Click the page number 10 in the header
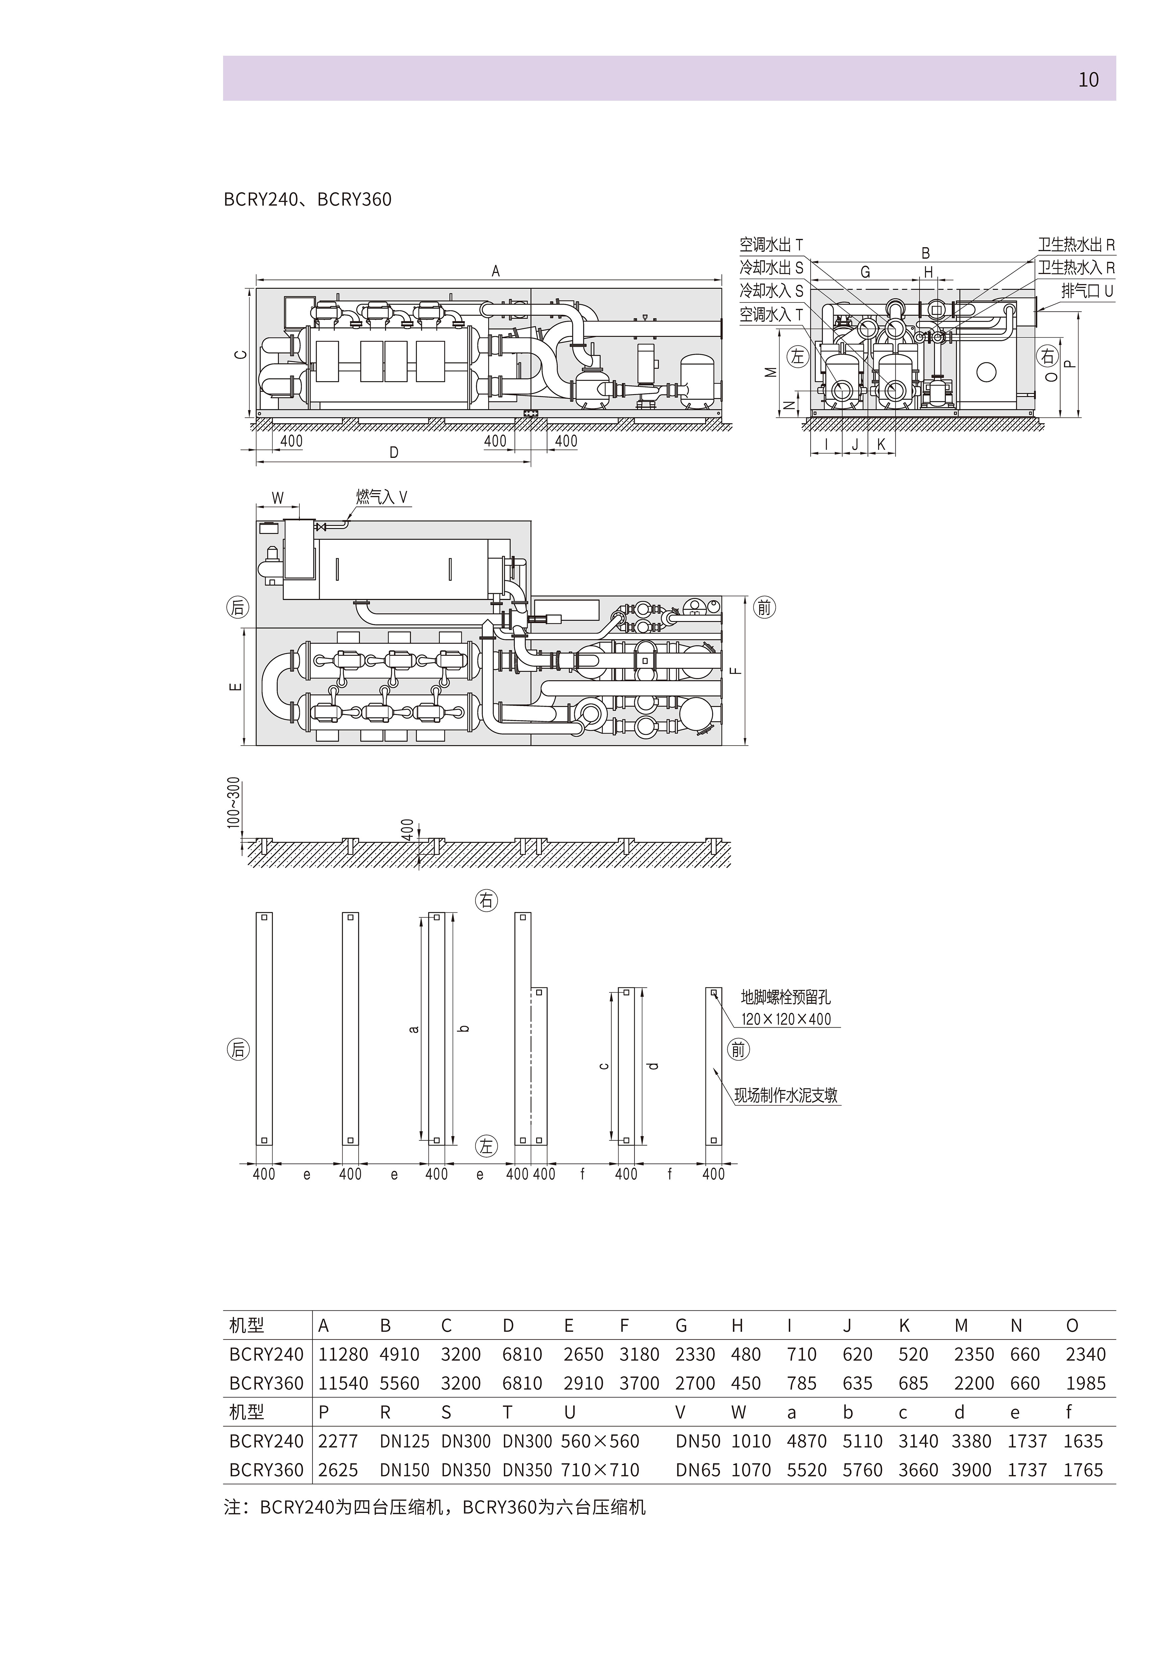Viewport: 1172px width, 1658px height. [x=1088, y=79]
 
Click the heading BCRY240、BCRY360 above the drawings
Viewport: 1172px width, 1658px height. [x=308, y=199]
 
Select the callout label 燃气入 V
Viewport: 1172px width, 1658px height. [x=382, y=497]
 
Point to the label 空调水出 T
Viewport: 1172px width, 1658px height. [x=771, y=245]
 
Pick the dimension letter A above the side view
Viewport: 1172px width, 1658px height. [x=495, y=272]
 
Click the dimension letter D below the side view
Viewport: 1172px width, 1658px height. [x=393, y=453]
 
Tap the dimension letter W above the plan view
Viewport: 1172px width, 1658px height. [x=277, y=498]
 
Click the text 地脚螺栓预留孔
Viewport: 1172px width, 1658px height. [x=786, y=997]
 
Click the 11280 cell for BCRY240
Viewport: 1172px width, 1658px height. [x=343, y=1355]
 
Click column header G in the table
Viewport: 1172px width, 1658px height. [x=681, y=1326]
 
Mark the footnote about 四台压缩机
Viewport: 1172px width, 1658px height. [x=435, y=1508]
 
